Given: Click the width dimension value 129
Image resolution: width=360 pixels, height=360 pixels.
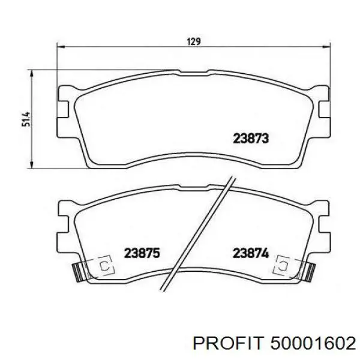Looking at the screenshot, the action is (x=194, y=42).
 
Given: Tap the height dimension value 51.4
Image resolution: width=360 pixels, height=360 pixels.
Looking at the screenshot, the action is (x=26, y=119).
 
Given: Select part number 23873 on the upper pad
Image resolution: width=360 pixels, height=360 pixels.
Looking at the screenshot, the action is (x=251, y=139).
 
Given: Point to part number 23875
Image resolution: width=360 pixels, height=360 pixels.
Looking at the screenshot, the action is (x=142, y=253).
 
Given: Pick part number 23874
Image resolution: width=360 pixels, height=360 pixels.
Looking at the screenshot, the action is (x=251, y=253).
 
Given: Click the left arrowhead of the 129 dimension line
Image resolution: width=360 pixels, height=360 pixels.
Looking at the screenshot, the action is (x=61, y=47).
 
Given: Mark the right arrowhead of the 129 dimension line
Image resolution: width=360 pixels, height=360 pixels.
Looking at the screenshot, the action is (x=326, y=47).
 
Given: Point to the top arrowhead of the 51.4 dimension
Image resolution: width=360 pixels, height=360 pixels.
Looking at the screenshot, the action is (x=32, y=74).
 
